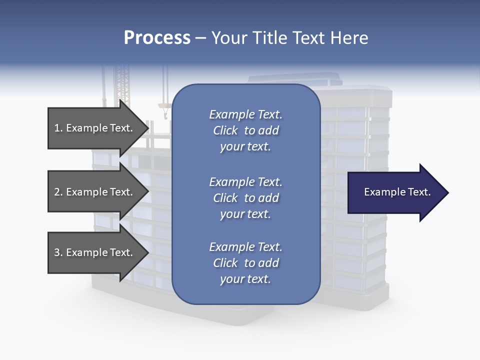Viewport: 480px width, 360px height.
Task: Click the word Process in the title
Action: [x=157, y=38]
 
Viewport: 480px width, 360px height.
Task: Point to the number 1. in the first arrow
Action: [x=58, y=128]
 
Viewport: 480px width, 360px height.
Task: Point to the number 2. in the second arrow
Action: [x=58, y=192]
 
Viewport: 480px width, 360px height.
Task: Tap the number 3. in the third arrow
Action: [x=58, y=252]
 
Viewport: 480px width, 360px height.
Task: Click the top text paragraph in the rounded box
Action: [x=245, y=130]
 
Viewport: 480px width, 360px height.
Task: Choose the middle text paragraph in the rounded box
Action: [x=245, y=198]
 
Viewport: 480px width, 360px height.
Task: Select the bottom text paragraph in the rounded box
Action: [x=245, y=263]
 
